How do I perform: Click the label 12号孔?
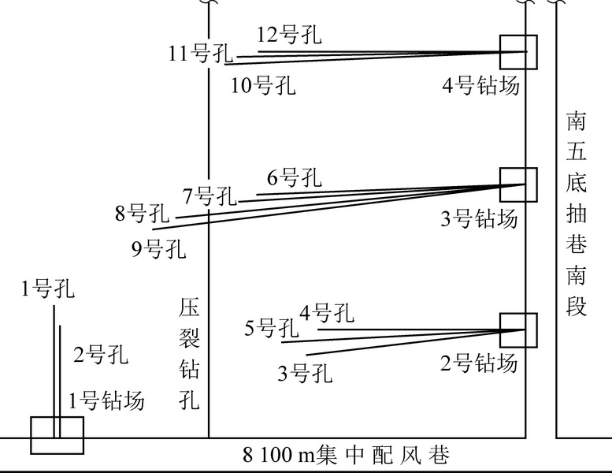click(289, 35)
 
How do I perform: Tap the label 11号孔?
click(201, 54)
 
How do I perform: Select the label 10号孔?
click(263, 84)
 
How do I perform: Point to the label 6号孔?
click(294, 178)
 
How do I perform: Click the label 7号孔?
click(210, 196)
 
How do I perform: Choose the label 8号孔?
click(143, 212)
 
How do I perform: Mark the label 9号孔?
click(159, 250)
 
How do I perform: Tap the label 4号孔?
click(325, 313)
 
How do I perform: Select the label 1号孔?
click(48, 289)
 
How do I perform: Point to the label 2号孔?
click(99, 354)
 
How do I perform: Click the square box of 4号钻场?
click(518, 52)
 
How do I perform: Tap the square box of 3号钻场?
click(518, 184)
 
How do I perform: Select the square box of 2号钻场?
click(518, 330)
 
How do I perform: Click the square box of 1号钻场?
click(57, 435)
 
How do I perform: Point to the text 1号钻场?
click(107, 400)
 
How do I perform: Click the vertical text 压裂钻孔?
click(190, 354)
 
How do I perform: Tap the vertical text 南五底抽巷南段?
click(577, 213)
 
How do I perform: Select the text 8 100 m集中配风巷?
click(347, 456)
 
